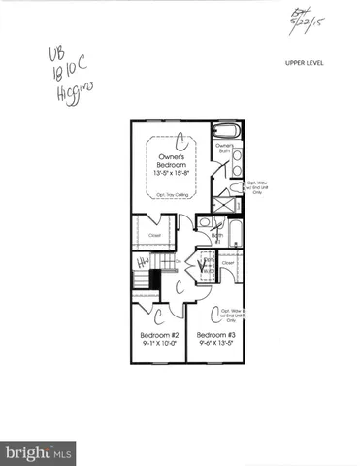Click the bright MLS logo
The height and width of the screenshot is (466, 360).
coord(39,451)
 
